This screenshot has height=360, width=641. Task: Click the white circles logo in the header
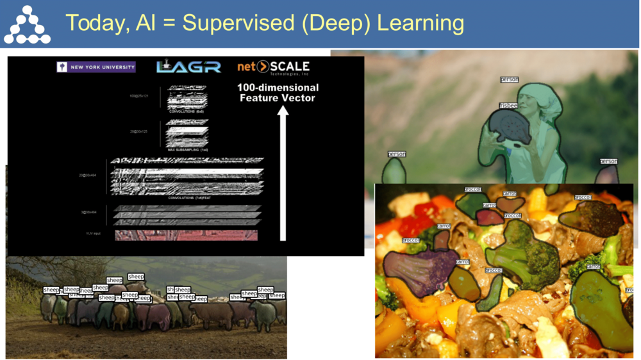point(27,25)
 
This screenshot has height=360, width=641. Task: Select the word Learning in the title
point(420,23)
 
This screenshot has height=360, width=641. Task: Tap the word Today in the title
point(96,24)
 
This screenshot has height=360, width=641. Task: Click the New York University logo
point(96,67)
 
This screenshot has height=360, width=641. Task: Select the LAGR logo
point(188,66)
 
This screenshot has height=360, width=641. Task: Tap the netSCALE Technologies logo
point(274,67)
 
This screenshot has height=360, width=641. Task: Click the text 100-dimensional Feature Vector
point(278,92)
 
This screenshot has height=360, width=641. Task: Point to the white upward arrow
point(283,173)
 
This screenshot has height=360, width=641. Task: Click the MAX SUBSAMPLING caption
point(187,150)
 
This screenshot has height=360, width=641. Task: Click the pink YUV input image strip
point(186,235)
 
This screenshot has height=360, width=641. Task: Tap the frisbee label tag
point(508,106)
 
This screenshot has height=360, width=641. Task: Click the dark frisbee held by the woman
point(510,127)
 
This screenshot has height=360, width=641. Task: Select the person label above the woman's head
point(509,79)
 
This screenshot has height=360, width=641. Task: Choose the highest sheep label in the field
point(136,277)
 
